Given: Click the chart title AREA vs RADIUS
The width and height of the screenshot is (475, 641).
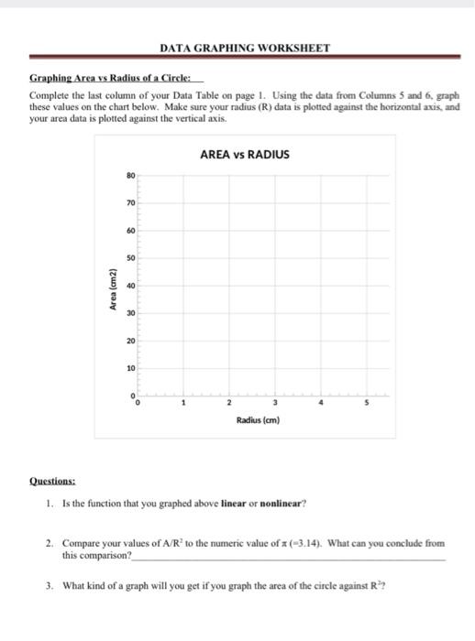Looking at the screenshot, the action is pos(244,155).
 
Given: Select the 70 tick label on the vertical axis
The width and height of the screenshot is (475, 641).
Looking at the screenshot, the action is pos(130,203).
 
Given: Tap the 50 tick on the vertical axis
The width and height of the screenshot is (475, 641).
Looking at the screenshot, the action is pos(130,258).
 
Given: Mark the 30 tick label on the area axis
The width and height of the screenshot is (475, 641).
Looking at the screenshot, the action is pos(130,313).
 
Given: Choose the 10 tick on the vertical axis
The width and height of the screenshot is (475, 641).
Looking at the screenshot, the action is pos(130,368).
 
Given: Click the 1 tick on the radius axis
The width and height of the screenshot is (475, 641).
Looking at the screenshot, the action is pos(183,404).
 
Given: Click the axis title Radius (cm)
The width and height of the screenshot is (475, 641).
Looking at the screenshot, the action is pos(257,421).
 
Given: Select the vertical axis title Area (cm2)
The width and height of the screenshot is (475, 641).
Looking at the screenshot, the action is pos(112,290).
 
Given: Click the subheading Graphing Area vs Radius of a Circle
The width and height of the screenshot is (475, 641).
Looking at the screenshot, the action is pos(94,80).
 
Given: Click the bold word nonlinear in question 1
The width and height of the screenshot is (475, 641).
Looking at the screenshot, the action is pos(283,503).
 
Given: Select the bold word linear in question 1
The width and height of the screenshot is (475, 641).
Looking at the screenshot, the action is pos(234,503).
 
